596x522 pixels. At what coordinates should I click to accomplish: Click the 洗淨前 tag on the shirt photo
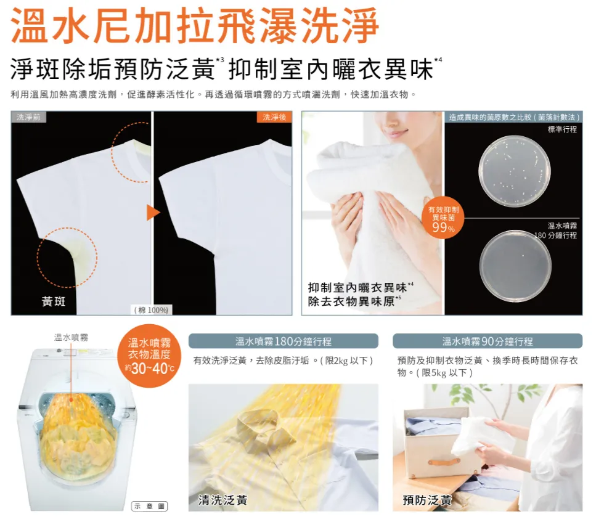coord(28,117)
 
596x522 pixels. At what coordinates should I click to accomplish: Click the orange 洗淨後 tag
coord(274,117)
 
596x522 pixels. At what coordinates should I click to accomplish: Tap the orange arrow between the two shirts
coord(153,213)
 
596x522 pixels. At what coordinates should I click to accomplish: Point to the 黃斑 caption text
coord(54,301)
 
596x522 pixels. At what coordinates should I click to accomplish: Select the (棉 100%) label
coord(151,310)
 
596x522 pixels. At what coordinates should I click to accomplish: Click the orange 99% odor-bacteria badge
coord(443,218)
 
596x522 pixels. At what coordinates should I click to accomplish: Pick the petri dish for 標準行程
coord(514,171)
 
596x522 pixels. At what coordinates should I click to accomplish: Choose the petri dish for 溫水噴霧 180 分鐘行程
coord(515,266)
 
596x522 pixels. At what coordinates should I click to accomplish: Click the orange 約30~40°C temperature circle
coord(149,356)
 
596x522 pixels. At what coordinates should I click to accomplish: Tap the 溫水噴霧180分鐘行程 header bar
coord(284,341)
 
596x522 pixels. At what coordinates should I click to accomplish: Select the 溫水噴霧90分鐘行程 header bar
coord(488,341)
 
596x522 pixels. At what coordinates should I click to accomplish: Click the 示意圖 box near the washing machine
coord(150,506)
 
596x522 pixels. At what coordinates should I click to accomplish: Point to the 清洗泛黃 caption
coord(222,500)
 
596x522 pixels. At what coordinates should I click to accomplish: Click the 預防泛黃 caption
coord(427,500)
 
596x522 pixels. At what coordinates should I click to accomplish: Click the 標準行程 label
coord(562,129)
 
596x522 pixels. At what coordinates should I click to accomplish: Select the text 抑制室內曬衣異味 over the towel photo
coord(357,288)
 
